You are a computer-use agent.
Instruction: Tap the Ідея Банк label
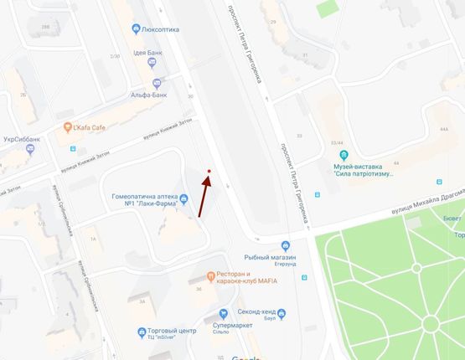point(150,52)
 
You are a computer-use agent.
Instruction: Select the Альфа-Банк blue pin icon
point(157,84)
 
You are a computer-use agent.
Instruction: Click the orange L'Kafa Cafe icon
point(68,127)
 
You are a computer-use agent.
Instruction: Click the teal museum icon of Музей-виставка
point(343,157)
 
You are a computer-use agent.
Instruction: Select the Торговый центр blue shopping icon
point(140,332)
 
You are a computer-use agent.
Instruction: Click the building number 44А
point(444,130)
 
